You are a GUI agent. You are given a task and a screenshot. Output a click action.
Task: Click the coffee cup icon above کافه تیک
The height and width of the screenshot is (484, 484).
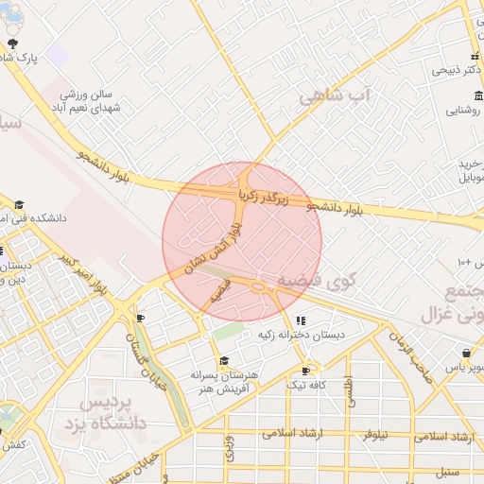[x=304, y=371]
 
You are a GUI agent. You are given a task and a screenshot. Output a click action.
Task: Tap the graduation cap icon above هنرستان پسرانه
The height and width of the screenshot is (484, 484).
[x=224, y=360]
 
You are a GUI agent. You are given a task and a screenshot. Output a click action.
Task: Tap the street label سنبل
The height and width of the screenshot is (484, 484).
[x=445, y=471]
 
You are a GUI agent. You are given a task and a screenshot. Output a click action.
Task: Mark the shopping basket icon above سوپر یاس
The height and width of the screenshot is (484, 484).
[x=466, y=353]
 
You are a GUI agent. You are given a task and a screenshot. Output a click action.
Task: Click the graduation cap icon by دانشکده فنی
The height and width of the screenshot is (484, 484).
[x=19, y=204]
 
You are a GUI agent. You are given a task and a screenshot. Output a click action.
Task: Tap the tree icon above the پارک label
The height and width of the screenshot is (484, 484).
[x=12, y=43]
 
